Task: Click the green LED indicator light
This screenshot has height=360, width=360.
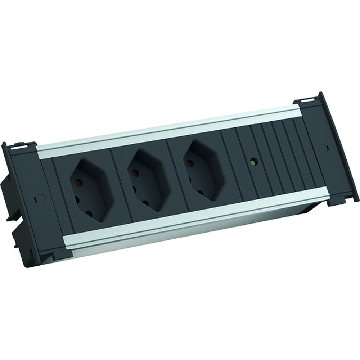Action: (x=254, y=163)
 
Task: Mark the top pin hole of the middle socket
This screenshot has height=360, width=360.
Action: (x=135, y=173)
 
